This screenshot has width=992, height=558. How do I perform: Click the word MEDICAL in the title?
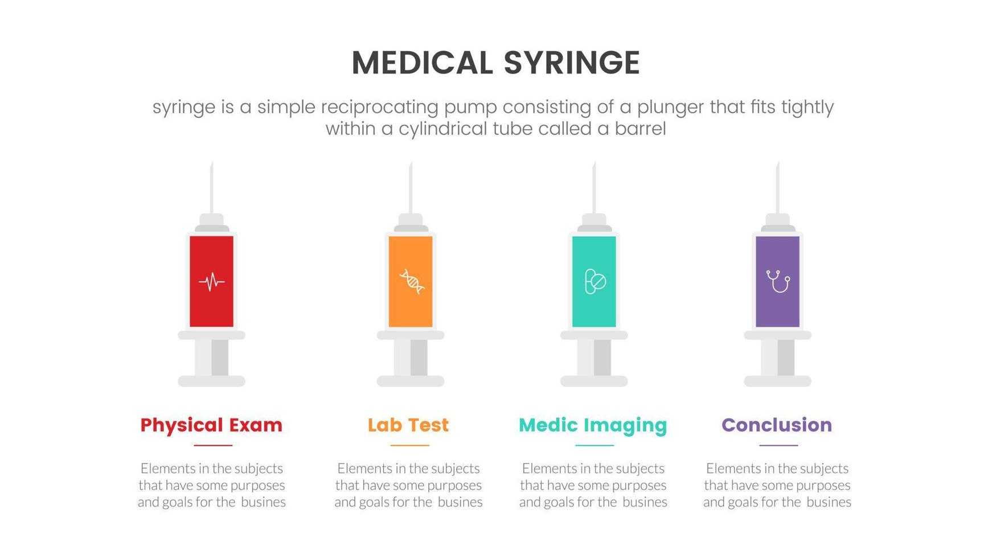pos(422,63)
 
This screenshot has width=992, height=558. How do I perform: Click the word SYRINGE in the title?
pos(572,63)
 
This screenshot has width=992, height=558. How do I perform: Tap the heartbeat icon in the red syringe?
pos(211,281)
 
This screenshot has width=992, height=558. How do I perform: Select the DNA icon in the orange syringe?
pos(411,281)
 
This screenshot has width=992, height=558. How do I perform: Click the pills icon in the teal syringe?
pos(595,281)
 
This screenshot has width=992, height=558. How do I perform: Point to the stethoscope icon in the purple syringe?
pos(778,281)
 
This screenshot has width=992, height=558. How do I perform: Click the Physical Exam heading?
pos(211,425)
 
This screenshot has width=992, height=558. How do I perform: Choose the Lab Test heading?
pos(408,425)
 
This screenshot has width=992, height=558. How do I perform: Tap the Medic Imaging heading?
pos(593,425)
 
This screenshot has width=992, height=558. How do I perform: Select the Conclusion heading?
pos(777,425)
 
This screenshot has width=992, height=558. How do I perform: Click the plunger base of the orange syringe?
pos(411,381)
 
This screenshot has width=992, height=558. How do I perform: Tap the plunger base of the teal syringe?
pos(594,381)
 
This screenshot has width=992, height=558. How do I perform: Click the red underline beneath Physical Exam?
pos(212,445)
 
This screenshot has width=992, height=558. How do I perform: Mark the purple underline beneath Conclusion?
pos(778,445)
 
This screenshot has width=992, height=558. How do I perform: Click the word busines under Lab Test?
pos(460,502)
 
